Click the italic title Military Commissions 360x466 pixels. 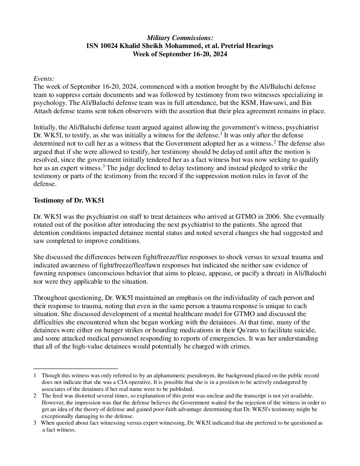(180, 38)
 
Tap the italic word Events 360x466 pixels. (44, 79)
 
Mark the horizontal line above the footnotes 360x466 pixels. (76, 368)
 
